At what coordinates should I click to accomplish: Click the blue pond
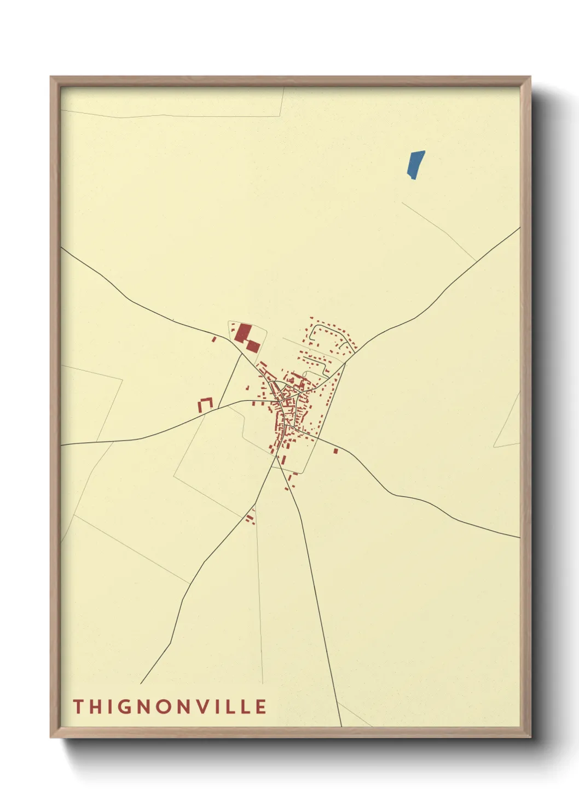coord(416,164)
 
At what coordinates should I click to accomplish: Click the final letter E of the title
coord(260,706)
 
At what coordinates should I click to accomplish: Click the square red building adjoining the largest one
coord(253,346)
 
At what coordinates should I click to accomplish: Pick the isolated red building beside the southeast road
coord(335,451)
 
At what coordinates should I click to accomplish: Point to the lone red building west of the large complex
coord(214,339)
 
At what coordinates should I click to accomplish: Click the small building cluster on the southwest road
coord(250,518)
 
